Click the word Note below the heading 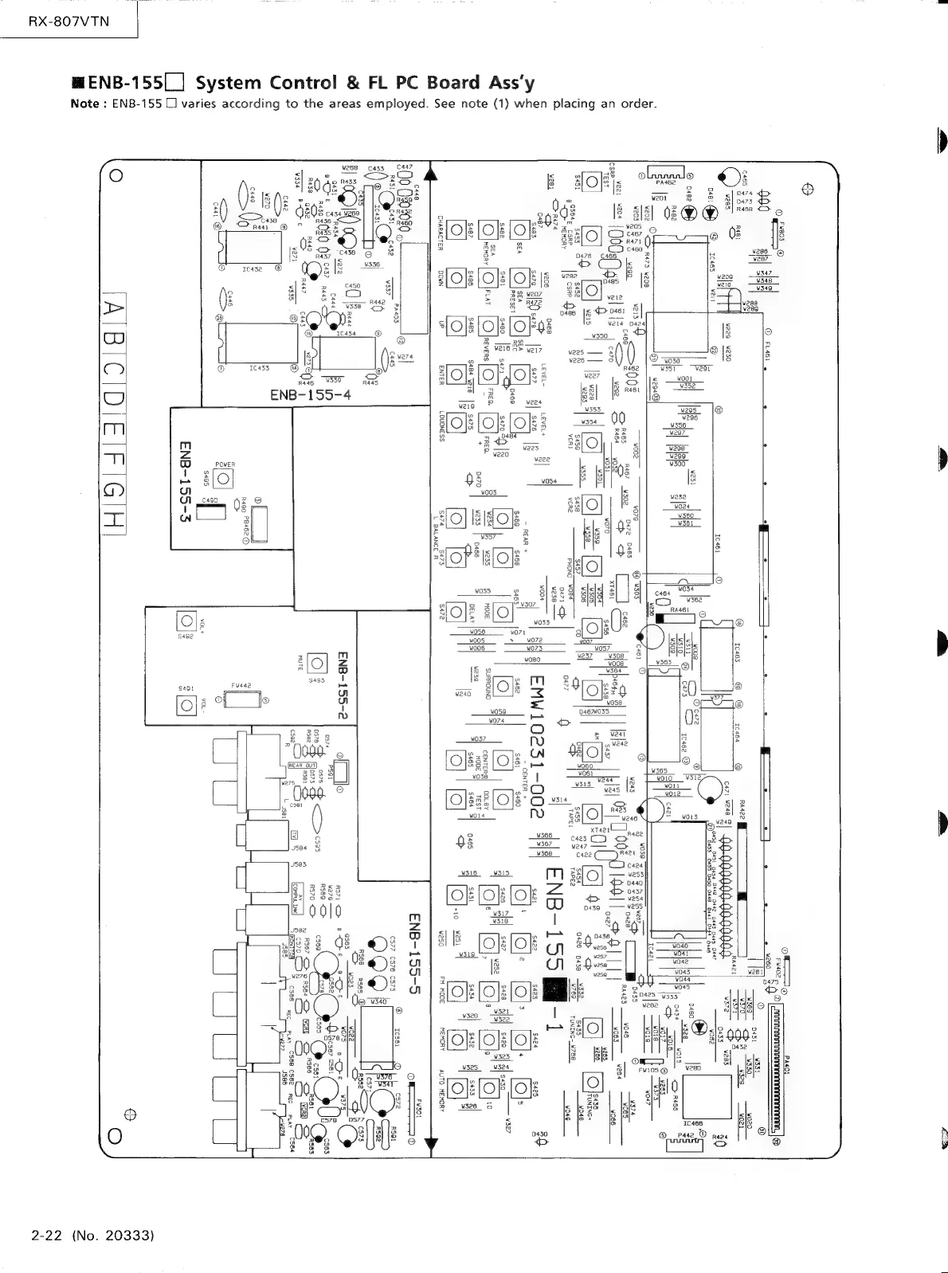[x=85, y=104]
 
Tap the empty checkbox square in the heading [x=174, y=82]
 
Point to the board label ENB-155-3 [x=186, y=478]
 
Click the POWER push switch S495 [x=224, y=478]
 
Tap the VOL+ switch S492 [x=186, y=621]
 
